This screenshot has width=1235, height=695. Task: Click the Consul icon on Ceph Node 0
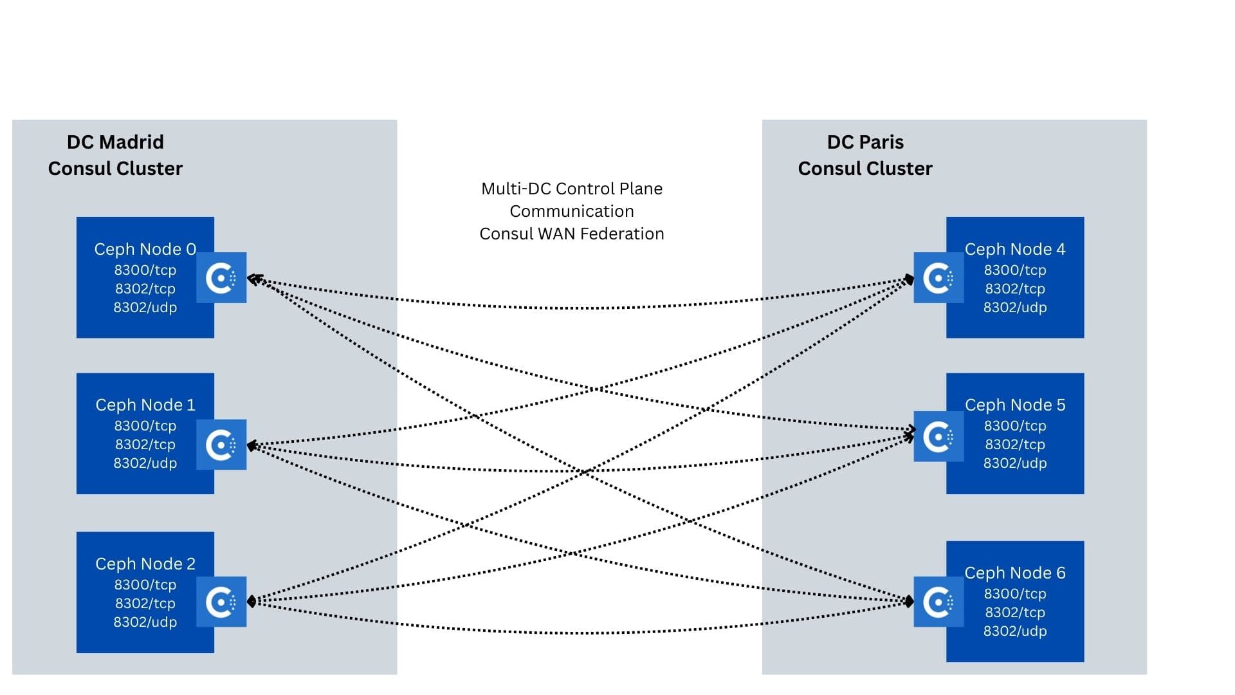point(221,278)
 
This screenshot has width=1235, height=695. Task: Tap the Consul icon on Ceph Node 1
point(221,445)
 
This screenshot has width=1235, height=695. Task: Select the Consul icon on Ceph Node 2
point(221,602)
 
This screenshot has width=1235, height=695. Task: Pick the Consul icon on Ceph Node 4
point(938,278)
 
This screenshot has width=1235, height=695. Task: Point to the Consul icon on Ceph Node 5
point(938,437)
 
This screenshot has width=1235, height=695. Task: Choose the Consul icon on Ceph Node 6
point(938,602)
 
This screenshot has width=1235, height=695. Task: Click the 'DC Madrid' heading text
point(116,142)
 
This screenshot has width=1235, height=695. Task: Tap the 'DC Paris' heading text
point(865,142)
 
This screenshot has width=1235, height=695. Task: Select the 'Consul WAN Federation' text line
point(572,234)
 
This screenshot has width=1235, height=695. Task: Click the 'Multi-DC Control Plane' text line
point(572,189)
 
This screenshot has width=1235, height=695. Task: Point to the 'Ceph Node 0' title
point(145,249)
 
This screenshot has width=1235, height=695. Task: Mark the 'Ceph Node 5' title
point(1015,405)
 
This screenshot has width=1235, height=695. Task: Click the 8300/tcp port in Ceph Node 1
point(145,425)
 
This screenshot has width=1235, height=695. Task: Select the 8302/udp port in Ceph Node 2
point(145,622)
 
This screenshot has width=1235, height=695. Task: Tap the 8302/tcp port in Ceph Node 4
point(1015,288)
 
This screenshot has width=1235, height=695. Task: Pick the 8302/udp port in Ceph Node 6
point(1015,631)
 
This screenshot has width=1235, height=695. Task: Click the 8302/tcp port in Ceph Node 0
point(145,288)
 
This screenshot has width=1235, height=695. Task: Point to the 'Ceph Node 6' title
point(1015,573)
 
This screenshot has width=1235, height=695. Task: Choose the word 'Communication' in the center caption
point(572,211)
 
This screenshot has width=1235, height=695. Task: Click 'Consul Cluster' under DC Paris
point(865,169)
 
